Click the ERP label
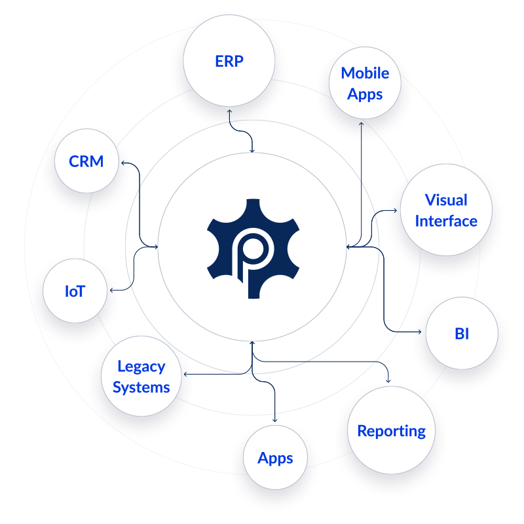tap(229, 61)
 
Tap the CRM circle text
tap(86, 161)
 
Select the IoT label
tap(75, 291)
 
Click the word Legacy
tap(141, 367)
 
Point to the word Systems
tap(141, 388)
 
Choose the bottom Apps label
tap(275, 458)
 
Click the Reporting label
tap(391, 431)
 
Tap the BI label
tap(462, 333)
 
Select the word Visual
tap(446, 200)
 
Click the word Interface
tap(446, 221)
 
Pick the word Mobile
tap(365, 73)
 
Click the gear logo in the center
tap(253, 249)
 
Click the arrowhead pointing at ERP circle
tap(230, 111)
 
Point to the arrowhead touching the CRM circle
tap(123, 162)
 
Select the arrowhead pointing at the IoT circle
tap(112, 290)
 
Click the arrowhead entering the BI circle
tap(419, 332)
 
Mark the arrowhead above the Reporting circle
tap(388, 381)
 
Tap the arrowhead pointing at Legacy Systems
tap(186, 374)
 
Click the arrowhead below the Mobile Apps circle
tap(362, 124)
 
